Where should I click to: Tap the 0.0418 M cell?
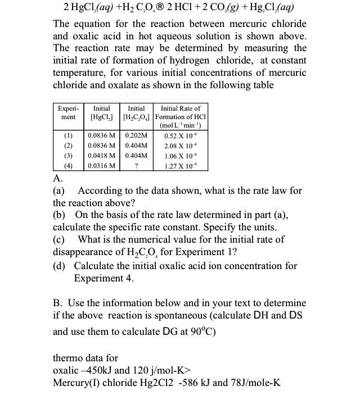coord(102,156)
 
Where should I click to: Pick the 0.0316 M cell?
coord(102,166)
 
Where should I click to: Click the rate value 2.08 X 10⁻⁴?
coord(180,146)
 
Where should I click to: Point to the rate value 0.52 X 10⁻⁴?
coord(180,135)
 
